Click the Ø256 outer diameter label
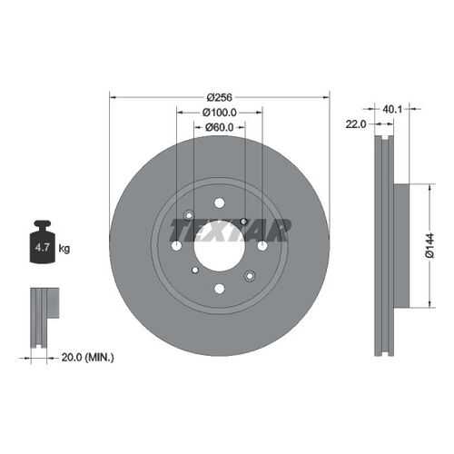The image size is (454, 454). [220, 97]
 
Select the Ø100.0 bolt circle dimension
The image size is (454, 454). [220, 113]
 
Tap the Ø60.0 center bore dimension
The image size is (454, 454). [220, 127]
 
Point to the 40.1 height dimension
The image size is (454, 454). [392, 109]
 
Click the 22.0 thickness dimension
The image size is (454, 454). [356, 124]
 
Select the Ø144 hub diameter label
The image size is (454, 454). [429, 245]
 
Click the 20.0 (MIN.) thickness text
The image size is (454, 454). [88, 358]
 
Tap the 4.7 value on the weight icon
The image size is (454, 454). [42, 248]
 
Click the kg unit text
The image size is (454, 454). [64, 249]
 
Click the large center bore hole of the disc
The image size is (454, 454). [220, 246]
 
